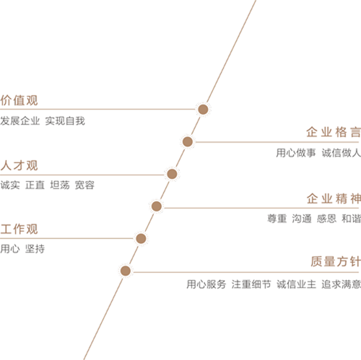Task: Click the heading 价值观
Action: click(19, 100)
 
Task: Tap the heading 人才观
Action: click(19, 166)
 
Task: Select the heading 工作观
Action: click(19, 229)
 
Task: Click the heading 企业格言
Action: click(334, 132)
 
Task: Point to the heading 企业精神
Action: click(334, 198)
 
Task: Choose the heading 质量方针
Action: click(336, 261)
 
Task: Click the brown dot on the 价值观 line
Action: click(203, 109)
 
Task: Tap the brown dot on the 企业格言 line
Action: click(188, 141)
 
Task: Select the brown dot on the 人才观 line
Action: click(172, 174)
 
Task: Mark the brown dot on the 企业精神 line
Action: click(157, 206)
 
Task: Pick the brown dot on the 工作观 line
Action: click(141, 238)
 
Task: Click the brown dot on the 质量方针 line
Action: click(126, 271)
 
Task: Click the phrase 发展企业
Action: click(20, 120)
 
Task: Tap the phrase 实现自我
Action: click(65, 120)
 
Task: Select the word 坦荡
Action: click(60, 185)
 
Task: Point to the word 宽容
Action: click(84, 185)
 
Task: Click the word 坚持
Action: click(35, 249)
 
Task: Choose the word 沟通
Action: click(302, 219)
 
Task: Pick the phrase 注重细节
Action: click(251, 284)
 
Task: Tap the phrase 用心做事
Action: click(296, 153)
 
